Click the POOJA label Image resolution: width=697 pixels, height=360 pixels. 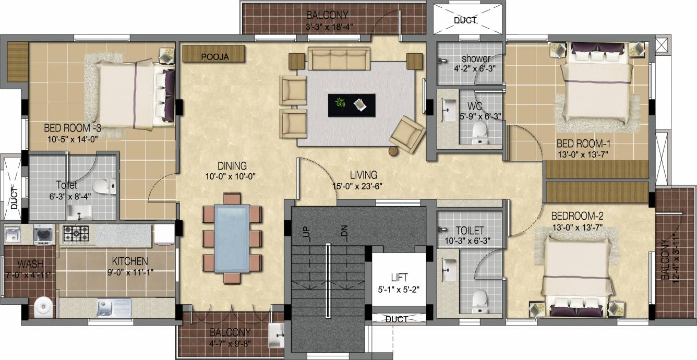point(215,57)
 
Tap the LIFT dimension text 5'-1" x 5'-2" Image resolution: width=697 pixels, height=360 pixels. point(399,290)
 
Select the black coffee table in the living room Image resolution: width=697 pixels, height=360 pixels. point(352,105)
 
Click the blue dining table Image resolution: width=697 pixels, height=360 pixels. point(232,238)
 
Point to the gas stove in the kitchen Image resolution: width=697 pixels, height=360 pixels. point(76,233)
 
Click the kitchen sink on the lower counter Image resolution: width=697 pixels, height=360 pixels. point(114,307)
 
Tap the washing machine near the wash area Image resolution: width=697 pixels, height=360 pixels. point(43,234)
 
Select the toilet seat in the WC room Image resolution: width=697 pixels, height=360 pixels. point(479,133)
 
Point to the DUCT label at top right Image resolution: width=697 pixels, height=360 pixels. point(465,20)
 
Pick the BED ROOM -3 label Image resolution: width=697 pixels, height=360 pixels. point(73,128)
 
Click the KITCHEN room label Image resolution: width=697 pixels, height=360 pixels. point(130,261)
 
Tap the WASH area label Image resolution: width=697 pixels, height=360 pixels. point(30,264)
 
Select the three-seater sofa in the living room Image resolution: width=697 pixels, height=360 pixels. point(339,58)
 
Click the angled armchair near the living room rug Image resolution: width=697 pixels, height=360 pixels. point(408,135)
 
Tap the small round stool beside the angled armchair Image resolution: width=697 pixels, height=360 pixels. point(393,151)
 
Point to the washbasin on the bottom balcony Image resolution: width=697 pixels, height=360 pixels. point(277,335)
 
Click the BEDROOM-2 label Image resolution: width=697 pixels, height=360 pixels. point(577,215)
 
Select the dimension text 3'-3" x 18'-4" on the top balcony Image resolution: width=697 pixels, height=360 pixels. point(329,27)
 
